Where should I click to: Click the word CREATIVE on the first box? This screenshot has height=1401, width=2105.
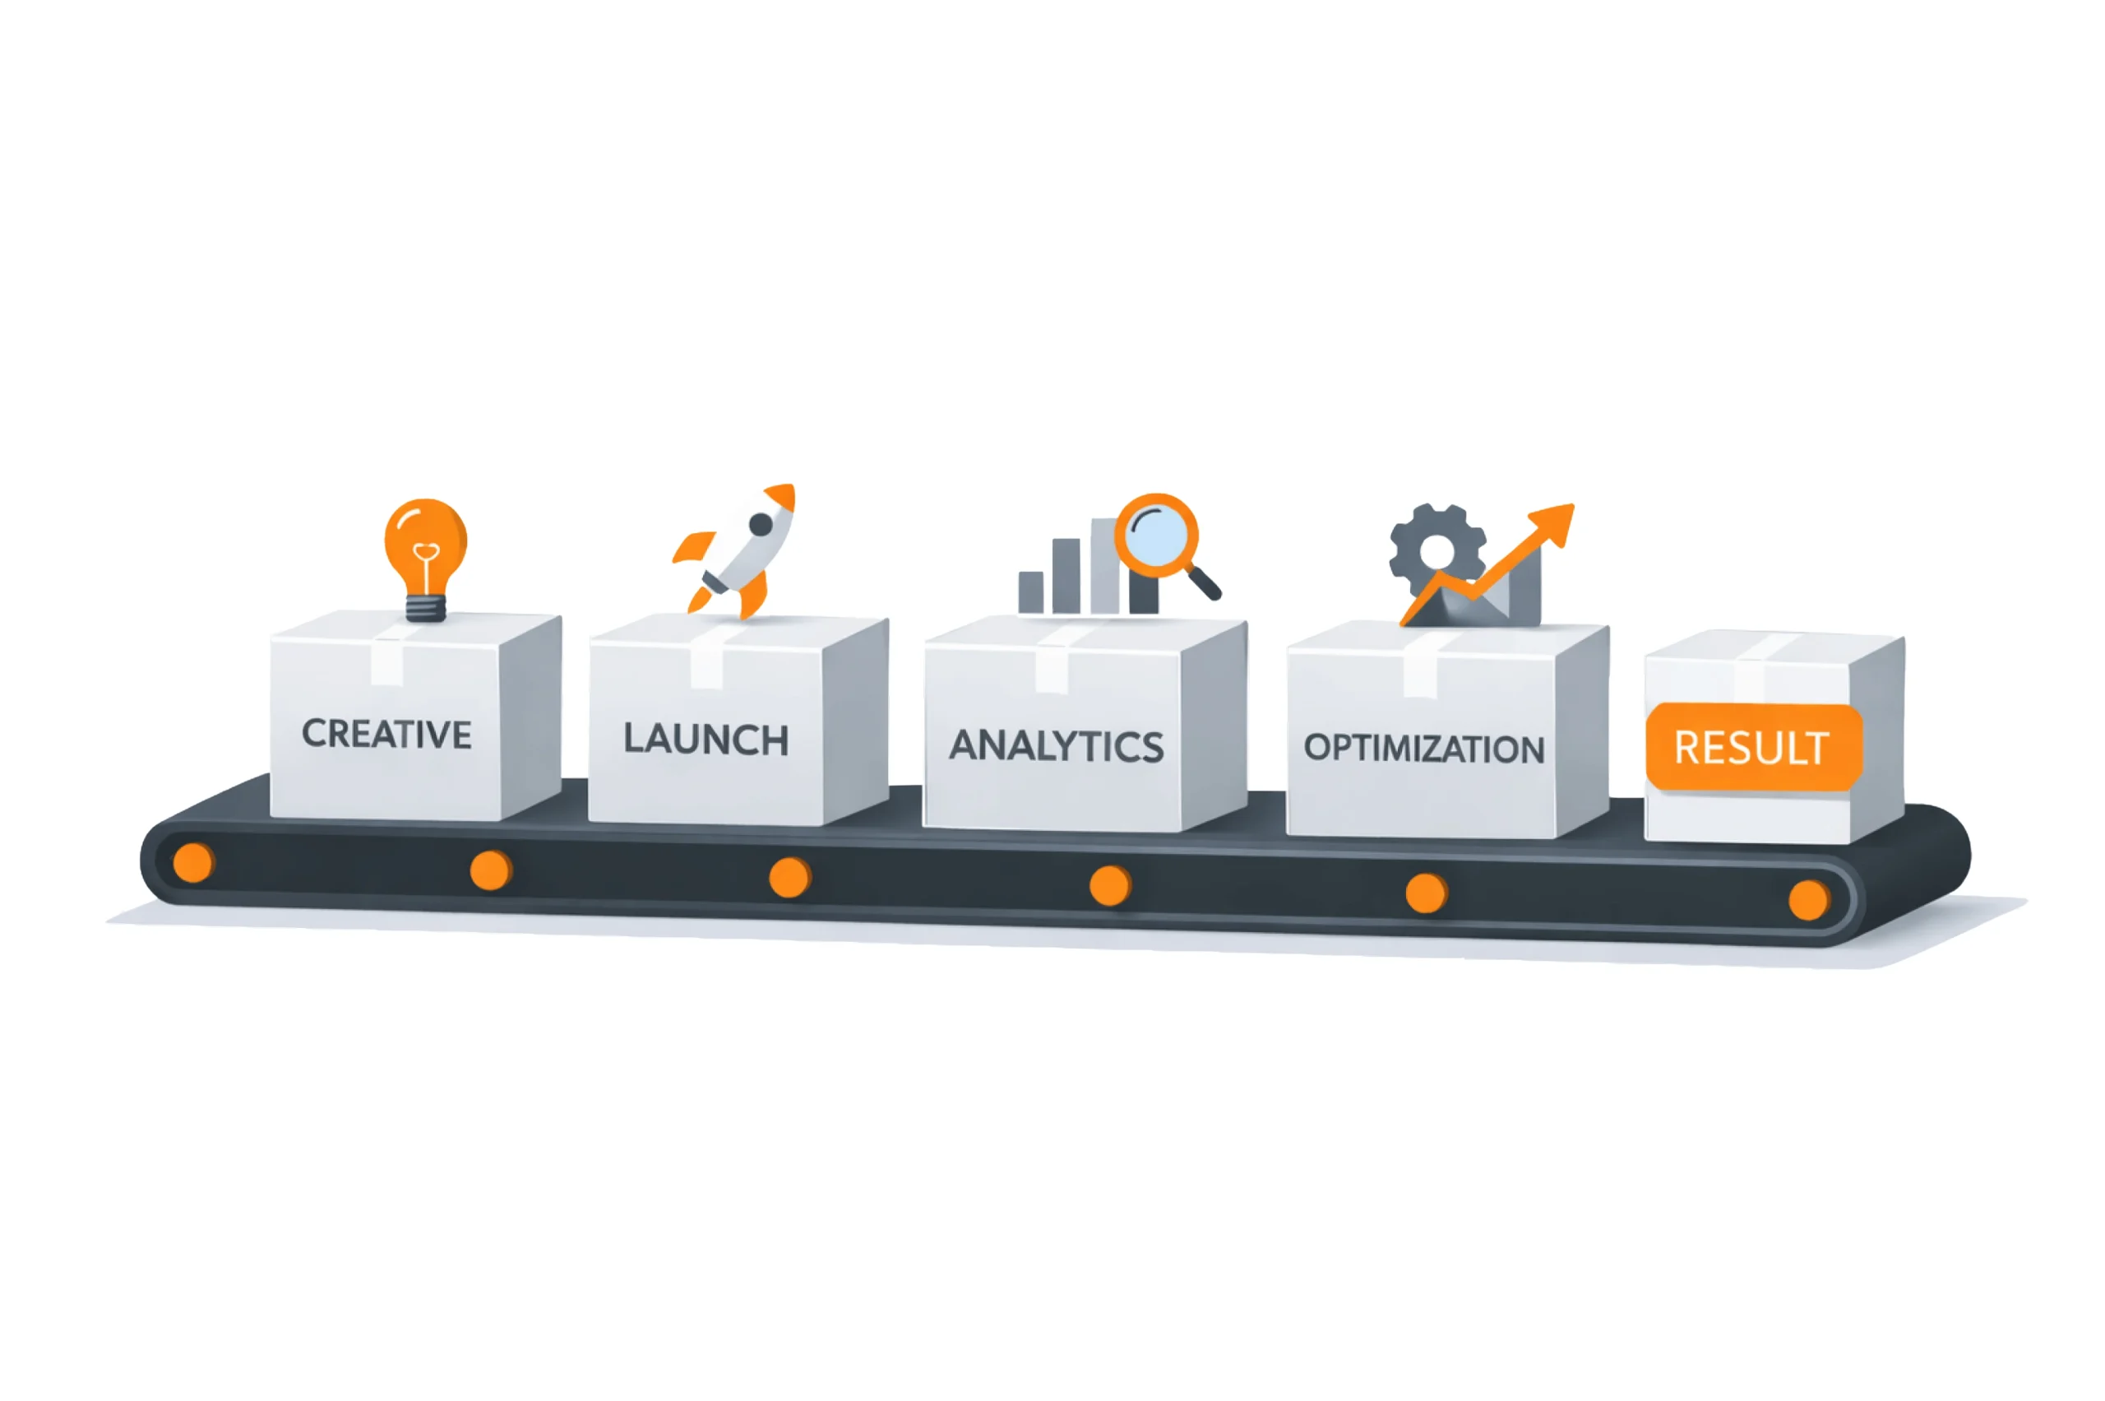pos(386,734)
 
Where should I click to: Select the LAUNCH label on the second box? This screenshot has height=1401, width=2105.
pos(706,739)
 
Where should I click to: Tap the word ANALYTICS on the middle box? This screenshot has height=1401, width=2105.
pos(1056,745)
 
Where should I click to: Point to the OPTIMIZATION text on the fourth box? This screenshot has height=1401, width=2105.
pos(1423,748)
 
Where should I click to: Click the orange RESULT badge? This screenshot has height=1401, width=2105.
pos(1752,747)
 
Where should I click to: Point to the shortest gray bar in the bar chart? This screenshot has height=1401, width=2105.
pos(1030,591)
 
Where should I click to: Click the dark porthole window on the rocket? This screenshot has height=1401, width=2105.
pos(760,525)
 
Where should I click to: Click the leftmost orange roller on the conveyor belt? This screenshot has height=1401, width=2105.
pos(192,862)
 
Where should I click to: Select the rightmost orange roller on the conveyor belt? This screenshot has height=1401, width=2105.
pos(1808,900)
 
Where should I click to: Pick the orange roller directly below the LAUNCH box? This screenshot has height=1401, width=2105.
pos(789,878)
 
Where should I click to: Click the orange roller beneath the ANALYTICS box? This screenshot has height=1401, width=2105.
pos(1109,885)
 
